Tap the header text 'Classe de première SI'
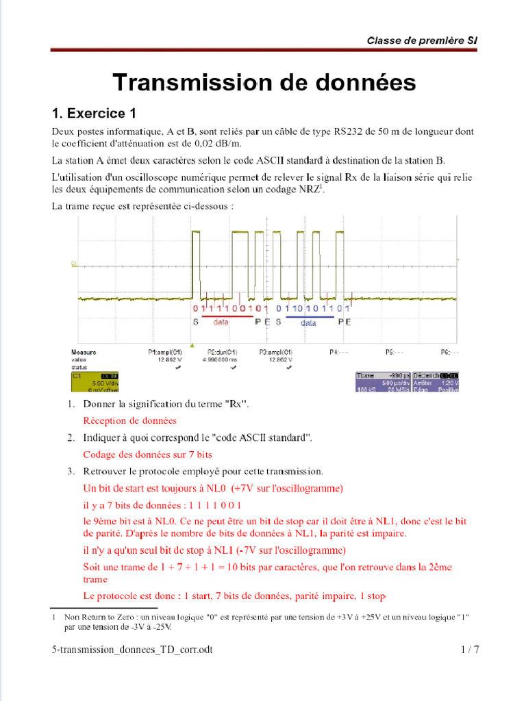tap(422, 40)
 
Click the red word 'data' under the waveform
tap(221, 320)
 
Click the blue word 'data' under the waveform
tap(309, 322)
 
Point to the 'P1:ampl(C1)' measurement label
tap(165, 352)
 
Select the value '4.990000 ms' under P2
tap(223, 359)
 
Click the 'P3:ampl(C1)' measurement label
tap(276, 352)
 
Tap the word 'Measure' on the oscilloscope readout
tap(84, 352)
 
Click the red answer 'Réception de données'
tap(129, 420)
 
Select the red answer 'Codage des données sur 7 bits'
tap(147, 454)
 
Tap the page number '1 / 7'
tap(468, 650)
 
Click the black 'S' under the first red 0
tap(195, 321)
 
